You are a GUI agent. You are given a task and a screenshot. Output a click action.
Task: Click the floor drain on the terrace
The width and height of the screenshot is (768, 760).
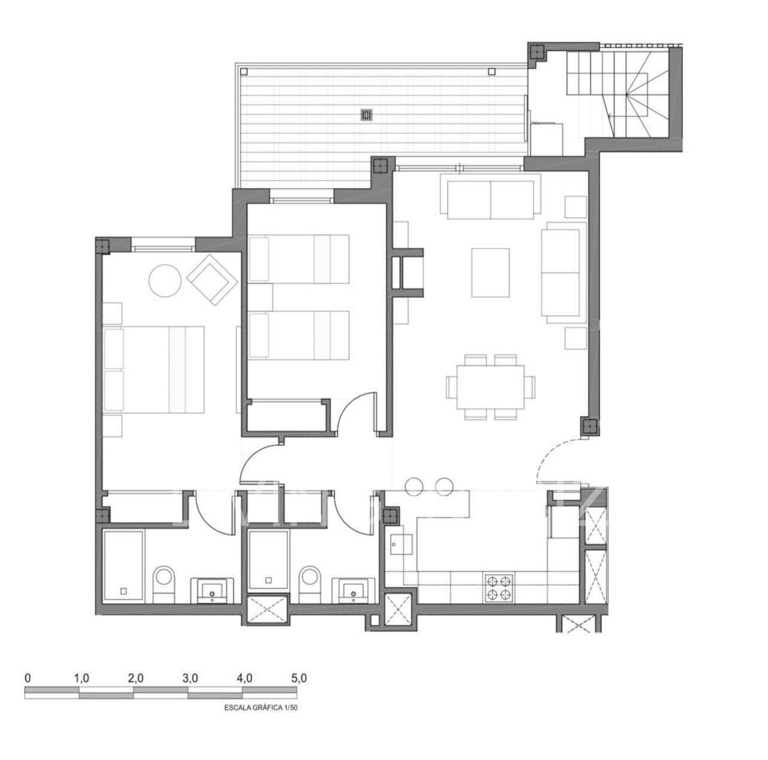(367, 114)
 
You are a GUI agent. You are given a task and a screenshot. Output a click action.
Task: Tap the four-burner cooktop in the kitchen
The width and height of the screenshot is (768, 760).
(499, 587)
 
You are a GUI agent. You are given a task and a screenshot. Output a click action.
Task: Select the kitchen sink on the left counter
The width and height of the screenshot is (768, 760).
(397, 544)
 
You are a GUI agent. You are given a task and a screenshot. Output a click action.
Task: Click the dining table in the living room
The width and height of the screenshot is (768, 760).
(490, 387)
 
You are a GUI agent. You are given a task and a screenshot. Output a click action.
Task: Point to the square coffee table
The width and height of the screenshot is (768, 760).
(490, 273)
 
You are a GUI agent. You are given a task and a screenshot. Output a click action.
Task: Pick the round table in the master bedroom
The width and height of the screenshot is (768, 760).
(165, 280)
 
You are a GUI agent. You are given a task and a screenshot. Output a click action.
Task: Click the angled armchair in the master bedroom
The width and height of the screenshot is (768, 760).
(211, 279)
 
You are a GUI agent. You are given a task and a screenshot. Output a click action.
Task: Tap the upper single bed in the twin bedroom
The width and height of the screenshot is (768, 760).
(298, 258)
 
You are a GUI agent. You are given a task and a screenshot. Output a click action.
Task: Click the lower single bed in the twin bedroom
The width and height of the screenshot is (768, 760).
(298, 335)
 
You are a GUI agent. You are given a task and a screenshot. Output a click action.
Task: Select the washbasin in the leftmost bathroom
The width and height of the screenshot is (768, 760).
(212, 589)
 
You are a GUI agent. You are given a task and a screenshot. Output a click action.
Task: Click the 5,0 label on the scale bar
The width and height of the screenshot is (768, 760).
(298, 678)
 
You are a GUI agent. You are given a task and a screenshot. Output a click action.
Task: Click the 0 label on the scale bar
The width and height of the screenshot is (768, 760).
(28, 678)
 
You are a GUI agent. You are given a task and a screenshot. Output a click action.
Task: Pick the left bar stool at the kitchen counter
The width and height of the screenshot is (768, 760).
(415, 487)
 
